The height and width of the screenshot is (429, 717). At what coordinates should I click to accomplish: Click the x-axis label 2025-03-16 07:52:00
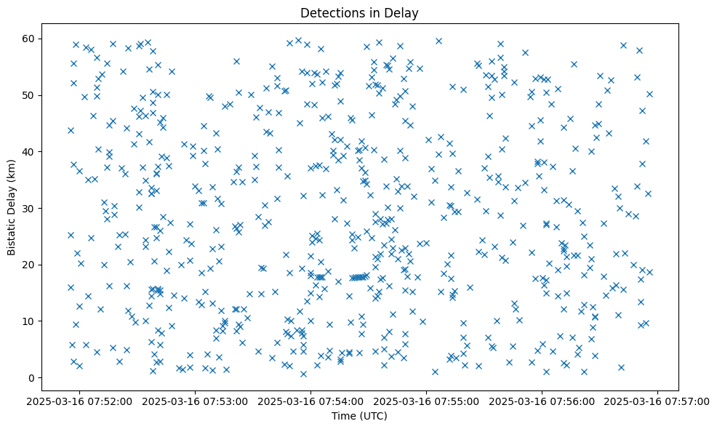coord(80,401)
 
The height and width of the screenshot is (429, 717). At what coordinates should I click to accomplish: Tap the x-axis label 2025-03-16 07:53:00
coord(196,401)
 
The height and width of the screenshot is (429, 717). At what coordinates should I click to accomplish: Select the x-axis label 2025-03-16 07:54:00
coord(311,401)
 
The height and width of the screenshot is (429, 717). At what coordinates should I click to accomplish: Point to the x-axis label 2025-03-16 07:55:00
coord(427,401)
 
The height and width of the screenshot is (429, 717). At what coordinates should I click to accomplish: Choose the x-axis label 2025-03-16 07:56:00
coord(542,401)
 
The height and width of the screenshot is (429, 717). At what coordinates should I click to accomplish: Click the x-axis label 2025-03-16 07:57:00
coord(658,401)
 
